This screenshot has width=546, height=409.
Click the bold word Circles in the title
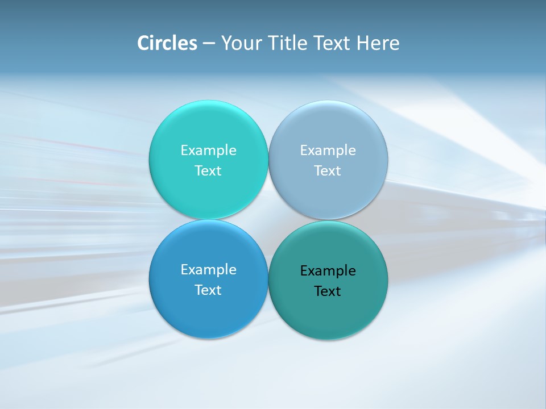pyautogui.click(x=167, y=43)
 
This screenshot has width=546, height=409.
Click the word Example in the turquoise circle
pyautogui.click(x=208, y=151)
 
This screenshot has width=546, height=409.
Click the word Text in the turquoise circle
pyautogui.click(x=208, y=171)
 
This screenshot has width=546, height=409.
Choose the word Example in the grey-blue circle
pyautogui.click(x=328, y=151)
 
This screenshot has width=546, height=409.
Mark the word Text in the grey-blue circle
pyautogui.click(x=328, y=171)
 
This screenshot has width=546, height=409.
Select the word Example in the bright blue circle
pyautogui.click(x=208, y=270)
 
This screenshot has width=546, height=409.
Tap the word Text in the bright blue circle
pyautogui.click(x=208, y=290)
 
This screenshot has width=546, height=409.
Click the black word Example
pyautogui.click(x=328, y=271)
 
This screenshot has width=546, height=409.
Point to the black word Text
pyautogui.click(x=328, y=291)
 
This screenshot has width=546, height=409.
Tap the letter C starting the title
pyautogui.click(x=143, y=43)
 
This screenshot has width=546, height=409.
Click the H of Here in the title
pyautogui.click(x=362, y=43)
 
